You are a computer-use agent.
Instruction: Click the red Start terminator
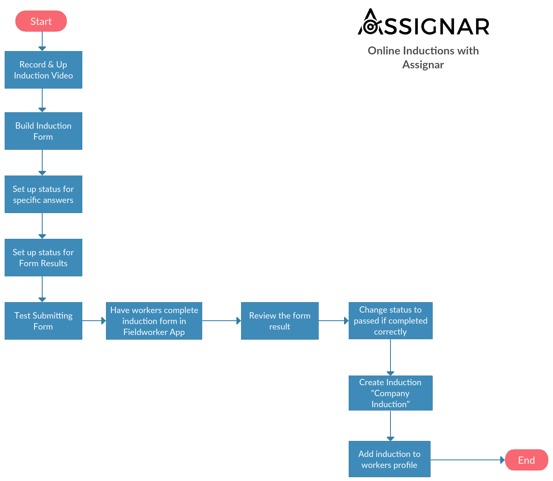coord(41,21)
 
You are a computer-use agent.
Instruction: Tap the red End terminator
coord(526,460)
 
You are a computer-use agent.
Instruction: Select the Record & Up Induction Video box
coord(43,70)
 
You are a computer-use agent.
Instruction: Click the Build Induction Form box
coord(43,131)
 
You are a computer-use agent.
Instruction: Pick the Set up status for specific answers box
coord(43,194)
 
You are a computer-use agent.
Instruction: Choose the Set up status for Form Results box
coord(43,257)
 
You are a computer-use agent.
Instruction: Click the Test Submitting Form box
coord(43,321)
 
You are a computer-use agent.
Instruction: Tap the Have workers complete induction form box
coord(154,321)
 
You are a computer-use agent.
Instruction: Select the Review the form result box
coord(279,321)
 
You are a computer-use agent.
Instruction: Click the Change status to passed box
coord(390,321)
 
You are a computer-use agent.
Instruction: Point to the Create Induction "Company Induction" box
coord(390,393)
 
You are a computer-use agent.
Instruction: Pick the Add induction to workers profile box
coord(389,459)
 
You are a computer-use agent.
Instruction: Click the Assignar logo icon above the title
coord(370,23)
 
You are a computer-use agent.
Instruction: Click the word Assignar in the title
coord(423,65)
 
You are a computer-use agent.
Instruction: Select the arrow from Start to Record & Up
coord(42,41)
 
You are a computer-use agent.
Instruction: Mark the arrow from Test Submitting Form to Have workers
coord(94,321)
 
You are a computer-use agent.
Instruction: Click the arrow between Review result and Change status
coord(333,321)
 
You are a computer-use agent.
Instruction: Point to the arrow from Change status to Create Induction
coord(390,357)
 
